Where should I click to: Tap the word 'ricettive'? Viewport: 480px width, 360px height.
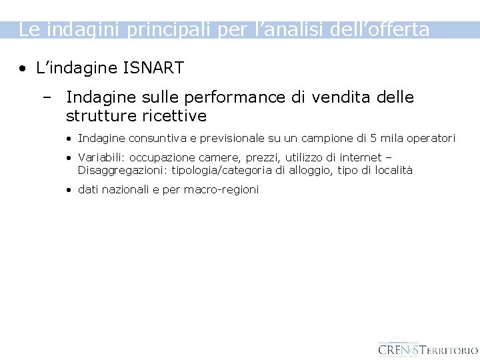tap(175, 116)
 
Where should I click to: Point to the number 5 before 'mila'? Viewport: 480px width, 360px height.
tap(374, 139)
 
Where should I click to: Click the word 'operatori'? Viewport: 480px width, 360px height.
tap(431, 139)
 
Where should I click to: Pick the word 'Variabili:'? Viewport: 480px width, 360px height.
tap(101, 158)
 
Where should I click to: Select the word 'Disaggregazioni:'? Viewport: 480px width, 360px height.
tap(123, 170)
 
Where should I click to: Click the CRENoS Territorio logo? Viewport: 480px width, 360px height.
tap(427, 349)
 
